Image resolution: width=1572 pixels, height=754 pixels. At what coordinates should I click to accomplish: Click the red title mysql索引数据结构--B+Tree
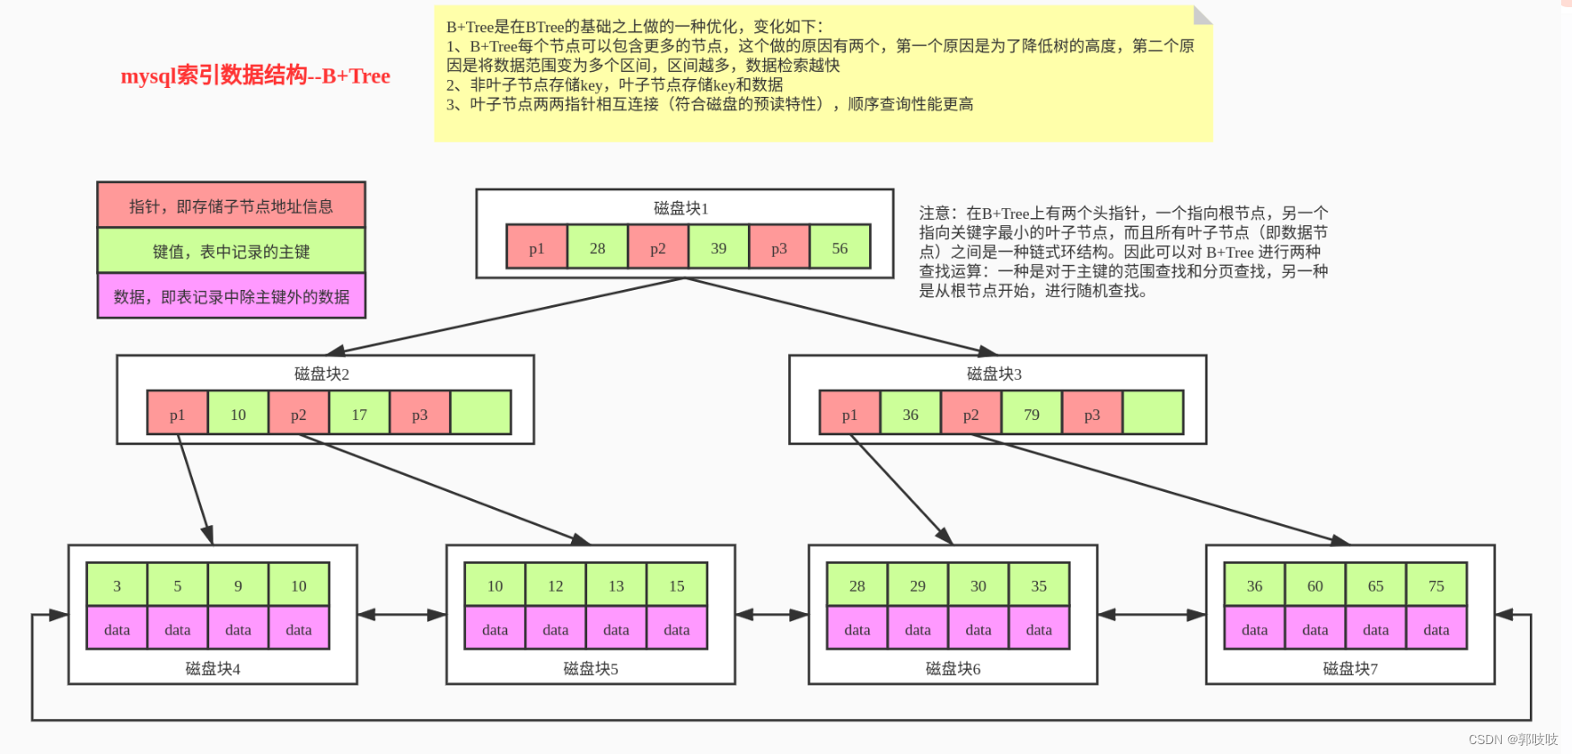[255, 75]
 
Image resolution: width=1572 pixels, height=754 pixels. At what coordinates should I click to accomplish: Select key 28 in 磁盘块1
[597, 248]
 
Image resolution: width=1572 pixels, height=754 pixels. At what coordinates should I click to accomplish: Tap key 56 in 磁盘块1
[839, 248]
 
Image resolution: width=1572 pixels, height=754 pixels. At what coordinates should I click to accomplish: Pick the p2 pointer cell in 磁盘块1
[658, 248]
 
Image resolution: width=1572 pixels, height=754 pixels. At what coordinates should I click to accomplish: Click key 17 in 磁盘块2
[359, 414]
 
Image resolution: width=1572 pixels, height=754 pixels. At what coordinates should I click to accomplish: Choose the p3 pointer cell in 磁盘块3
[1092, 414]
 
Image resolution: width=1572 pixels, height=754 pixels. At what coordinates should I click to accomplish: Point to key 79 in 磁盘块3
[1032, 414]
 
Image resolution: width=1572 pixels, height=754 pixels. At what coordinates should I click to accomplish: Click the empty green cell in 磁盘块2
[480, 414]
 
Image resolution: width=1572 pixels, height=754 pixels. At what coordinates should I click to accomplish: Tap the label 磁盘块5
[590, 668]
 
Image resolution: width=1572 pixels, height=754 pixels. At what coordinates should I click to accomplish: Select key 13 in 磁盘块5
[616, 585]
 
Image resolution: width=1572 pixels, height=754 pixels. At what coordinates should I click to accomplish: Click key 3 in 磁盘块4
[117, 585]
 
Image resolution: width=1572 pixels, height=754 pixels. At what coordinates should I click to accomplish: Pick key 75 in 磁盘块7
[1436, 585]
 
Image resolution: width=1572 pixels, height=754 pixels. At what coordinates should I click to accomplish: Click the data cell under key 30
[979, 629]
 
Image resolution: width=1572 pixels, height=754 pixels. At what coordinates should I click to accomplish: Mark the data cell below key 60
[1315, 629]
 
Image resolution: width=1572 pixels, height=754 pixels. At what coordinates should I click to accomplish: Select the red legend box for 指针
[231, 206]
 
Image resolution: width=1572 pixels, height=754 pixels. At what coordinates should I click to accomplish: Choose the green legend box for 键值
[231, 251]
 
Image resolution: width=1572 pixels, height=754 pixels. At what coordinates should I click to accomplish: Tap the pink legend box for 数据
[231, 296]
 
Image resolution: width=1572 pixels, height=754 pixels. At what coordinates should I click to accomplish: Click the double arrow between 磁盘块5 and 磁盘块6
[771, 615]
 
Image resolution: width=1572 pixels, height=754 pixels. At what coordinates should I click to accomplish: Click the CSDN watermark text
[1513, 740]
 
